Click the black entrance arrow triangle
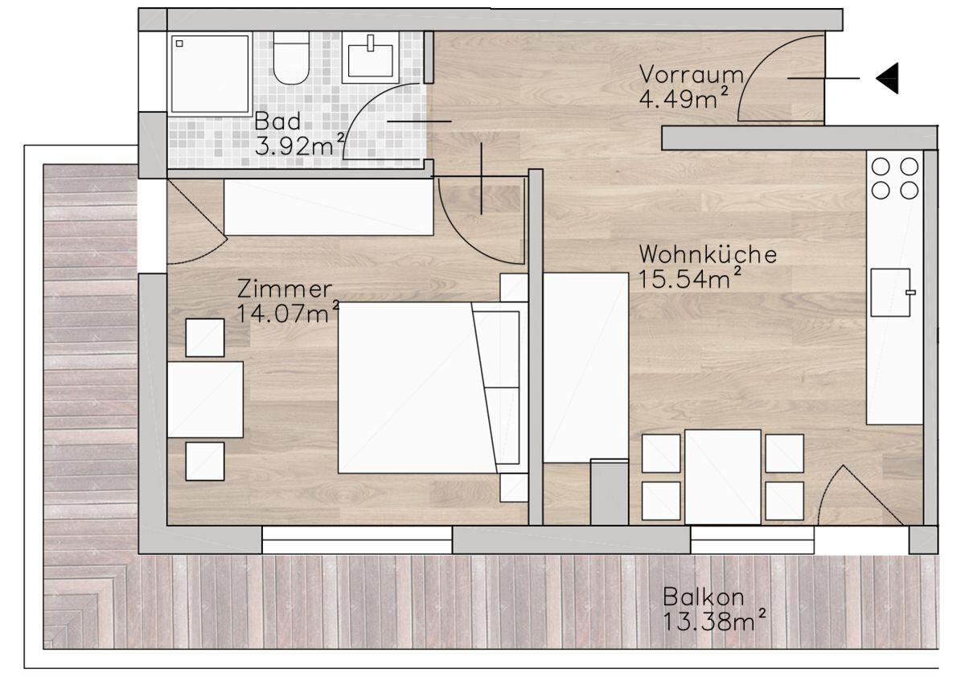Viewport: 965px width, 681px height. (889, 78)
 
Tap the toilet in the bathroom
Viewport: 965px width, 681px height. (291, 58)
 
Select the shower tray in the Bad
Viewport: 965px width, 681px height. (210, 74)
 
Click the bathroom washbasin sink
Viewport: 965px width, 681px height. (371, 58)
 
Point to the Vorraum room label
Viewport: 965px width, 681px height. (692, 74)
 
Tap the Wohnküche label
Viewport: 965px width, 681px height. (708, 254)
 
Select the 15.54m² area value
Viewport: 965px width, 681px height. (689, 278)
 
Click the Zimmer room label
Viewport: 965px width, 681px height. (285, 289)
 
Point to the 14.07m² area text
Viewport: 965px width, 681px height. (288, 312)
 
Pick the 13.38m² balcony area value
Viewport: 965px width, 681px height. (714, 620)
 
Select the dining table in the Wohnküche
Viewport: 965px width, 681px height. (723, 477)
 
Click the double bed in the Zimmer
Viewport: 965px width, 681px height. (417, 388)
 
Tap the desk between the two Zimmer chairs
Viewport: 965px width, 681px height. (205, 400)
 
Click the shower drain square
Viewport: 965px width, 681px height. (179, 43)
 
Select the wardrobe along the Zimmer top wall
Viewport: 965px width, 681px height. (329, 207)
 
